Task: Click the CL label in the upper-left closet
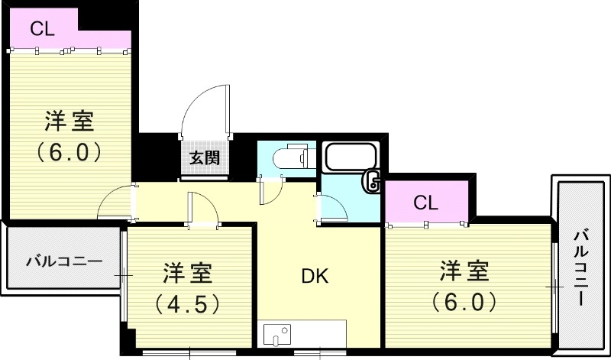click(43, 29)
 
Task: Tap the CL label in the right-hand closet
click(426, 203)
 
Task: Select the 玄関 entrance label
click(205, 158)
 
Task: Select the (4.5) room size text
click(188, 303)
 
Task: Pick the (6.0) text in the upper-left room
click(70, 151)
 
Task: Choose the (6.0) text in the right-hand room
click(464, 301)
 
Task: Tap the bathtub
click(351, 157)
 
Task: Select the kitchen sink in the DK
click(276, 335)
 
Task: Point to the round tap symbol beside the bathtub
click(373, 181)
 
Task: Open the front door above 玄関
click(206, 111)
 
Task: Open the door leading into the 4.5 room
click(202, 208)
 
